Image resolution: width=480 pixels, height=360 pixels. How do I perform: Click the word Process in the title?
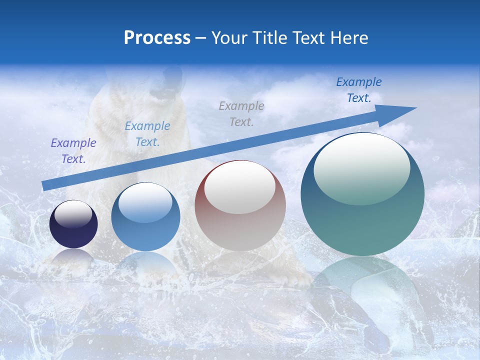coord(157,38)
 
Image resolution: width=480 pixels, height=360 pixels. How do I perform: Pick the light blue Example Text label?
coord(147,134)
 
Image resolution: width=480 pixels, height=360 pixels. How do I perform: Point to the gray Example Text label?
coord(241,113)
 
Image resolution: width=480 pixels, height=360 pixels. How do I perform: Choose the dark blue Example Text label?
coord(359,90)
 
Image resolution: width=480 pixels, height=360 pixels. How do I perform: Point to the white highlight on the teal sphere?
coord(361,167)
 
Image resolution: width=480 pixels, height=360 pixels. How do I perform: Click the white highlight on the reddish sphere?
coord(240,187)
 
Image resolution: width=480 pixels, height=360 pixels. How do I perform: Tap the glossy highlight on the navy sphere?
coord(73,214)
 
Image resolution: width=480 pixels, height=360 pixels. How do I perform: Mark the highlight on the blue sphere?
coord(145,202)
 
